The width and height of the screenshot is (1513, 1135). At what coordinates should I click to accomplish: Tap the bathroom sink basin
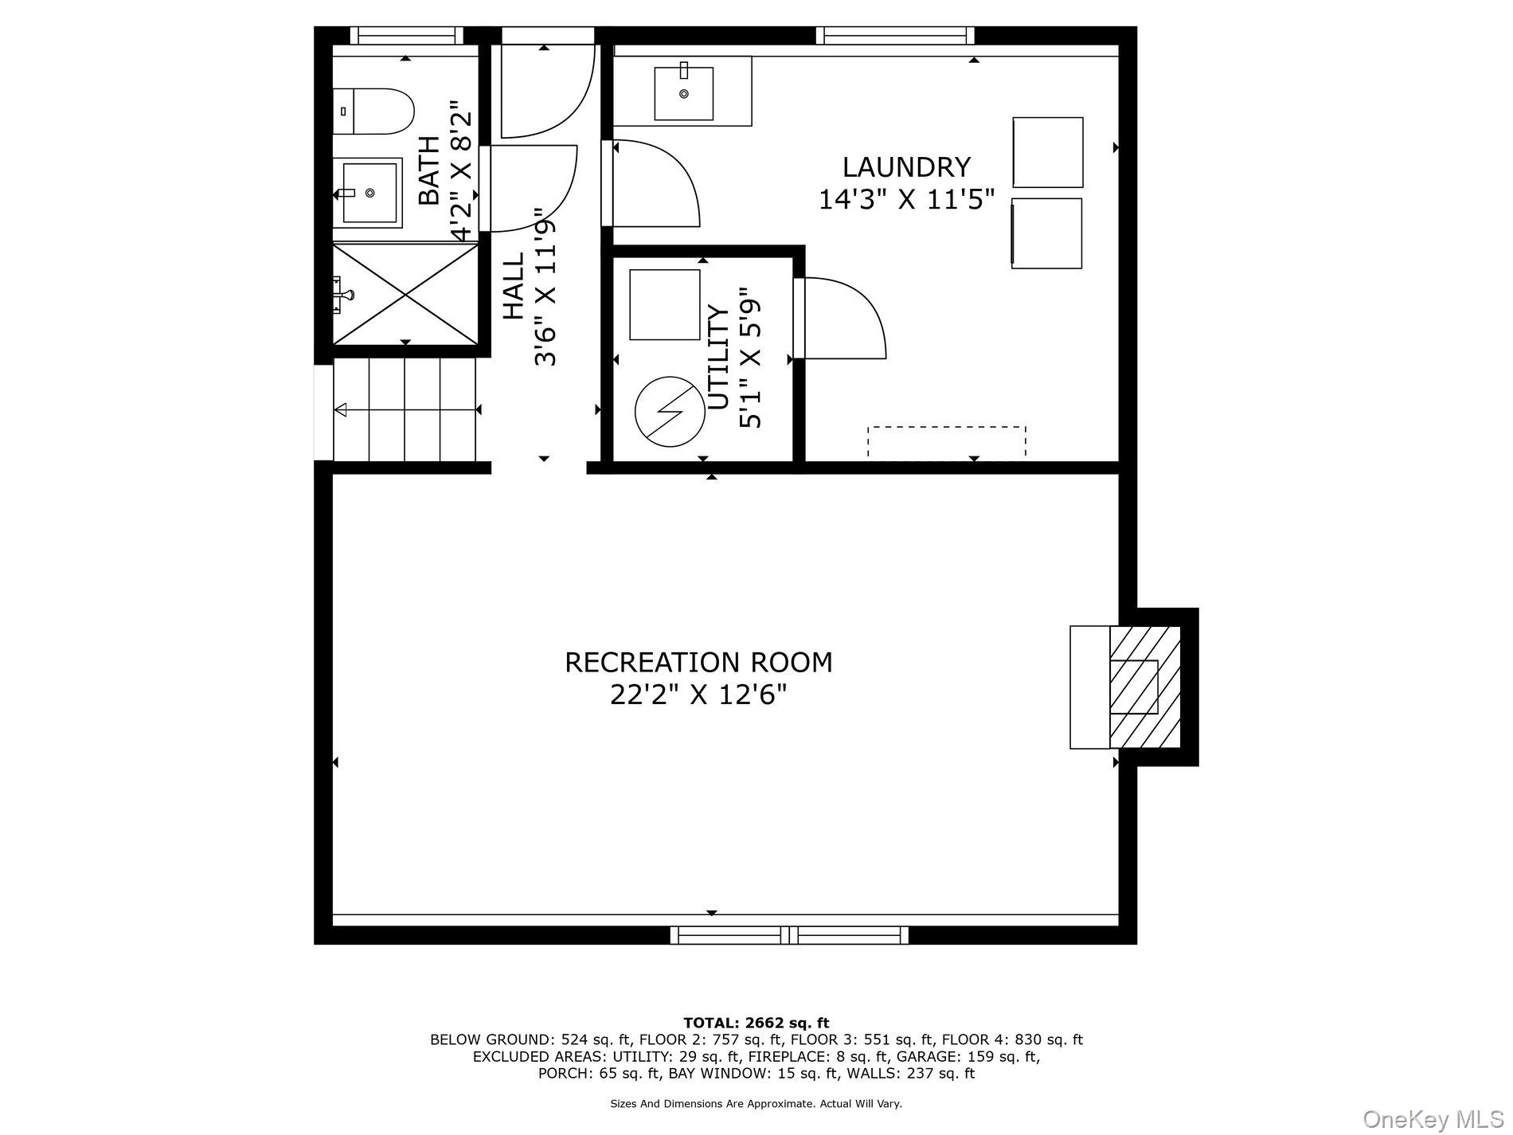click(369, 193)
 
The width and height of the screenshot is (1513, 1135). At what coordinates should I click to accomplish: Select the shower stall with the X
click(405, 294)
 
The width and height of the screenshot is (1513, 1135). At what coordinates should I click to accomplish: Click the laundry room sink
click(683, 93)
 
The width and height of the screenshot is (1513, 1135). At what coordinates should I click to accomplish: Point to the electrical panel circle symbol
click(668, 409)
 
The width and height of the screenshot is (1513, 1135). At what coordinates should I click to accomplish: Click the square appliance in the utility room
click(665, 305)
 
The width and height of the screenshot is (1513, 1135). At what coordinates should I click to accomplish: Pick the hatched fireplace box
click(1145, 687)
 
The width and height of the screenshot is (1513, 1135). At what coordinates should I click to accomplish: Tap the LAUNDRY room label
click(906, 167)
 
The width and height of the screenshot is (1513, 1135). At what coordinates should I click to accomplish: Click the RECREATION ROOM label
click(698, 662)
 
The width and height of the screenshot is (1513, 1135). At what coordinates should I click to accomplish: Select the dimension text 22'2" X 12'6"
click(698, 695)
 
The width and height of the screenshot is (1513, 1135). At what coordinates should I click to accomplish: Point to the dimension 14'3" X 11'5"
click(907, 199)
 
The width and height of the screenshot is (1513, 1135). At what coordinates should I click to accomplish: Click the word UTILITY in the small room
click(718, 358)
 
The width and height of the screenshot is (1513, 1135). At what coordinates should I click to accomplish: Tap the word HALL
click(514, 286)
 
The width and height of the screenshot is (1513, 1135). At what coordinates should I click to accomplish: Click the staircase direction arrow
click(407, 410)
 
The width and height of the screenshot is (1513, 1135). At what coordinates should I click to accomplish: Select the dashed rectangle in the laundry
click(946, 443)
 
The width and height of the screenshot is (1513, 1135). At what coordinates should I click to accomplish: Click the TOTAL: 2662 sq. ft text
click(756, 1023)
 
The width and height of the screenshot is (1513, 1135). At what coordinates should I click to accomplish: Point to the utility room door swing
click(840, 318)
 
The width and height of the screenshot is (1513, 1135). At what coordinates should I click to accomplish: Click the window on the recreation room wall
click(789, 935)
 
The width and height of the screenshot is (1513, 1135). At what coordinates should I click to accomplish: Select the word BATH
click(429, 170)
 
